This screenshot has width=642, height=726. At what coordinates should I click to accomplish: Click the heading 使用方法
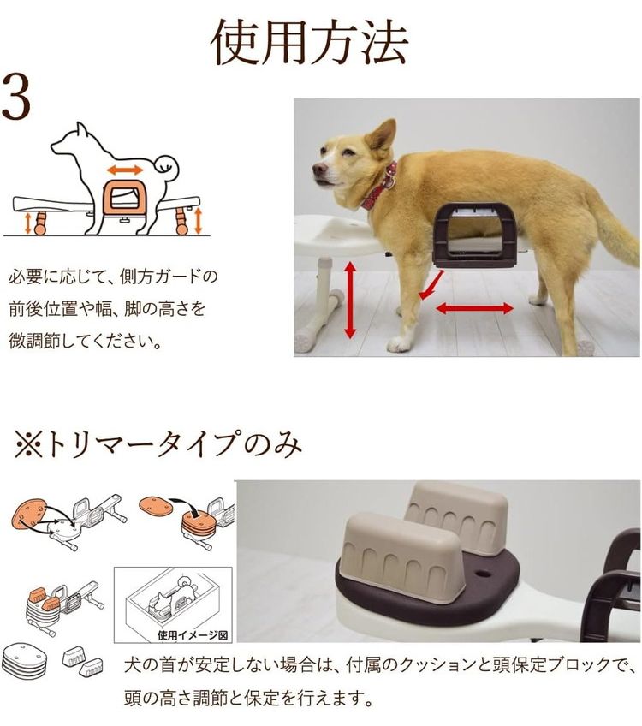(x=309, y=42)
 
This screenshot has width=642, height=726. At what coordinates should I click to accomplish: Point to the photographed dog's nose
(x=318, y=169)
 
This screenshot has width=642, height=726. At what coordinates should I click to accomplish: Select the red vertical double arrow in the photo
(x=350, y=300)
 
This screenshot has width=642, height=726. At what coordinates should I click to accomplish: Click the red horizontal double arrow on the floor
(x=474, y=308)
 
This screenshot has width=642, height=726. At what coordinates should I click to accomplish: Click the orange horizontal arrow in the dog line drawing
(x=125, y=170)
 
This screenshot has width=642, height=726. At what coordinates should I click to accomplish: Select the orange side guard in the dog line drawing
(x=124, y=198)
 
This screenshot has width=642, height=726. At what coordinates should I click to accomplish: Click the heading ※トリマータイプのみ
(x=158, y=444)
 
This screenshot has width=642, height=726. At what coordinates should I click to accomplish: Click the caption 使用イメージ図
(x=193, y=634)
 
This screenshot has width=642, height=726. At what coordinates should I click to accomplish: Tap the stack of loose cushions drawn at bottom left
(x=25, y=659)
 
